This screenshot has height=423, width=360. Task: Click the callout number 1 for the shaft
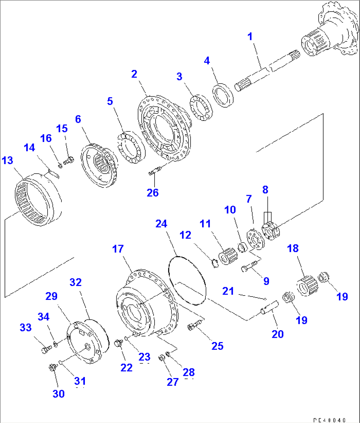coord(250,37)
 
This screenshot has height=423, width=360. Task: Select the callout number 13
coord(7,160)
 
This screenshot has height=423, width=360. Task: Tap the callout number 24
coord(161,224)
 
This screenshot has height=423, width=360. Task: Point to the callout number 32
coord(76,282)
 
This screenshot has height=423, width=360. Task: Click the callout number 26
coord(153,193)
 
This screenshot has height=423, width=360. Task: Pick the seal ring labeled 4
coord(223,96)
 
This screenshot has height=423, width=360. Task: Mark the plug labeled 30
coord(52,367)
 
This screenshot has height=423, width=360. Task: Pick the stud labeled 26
coord(155,171)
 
